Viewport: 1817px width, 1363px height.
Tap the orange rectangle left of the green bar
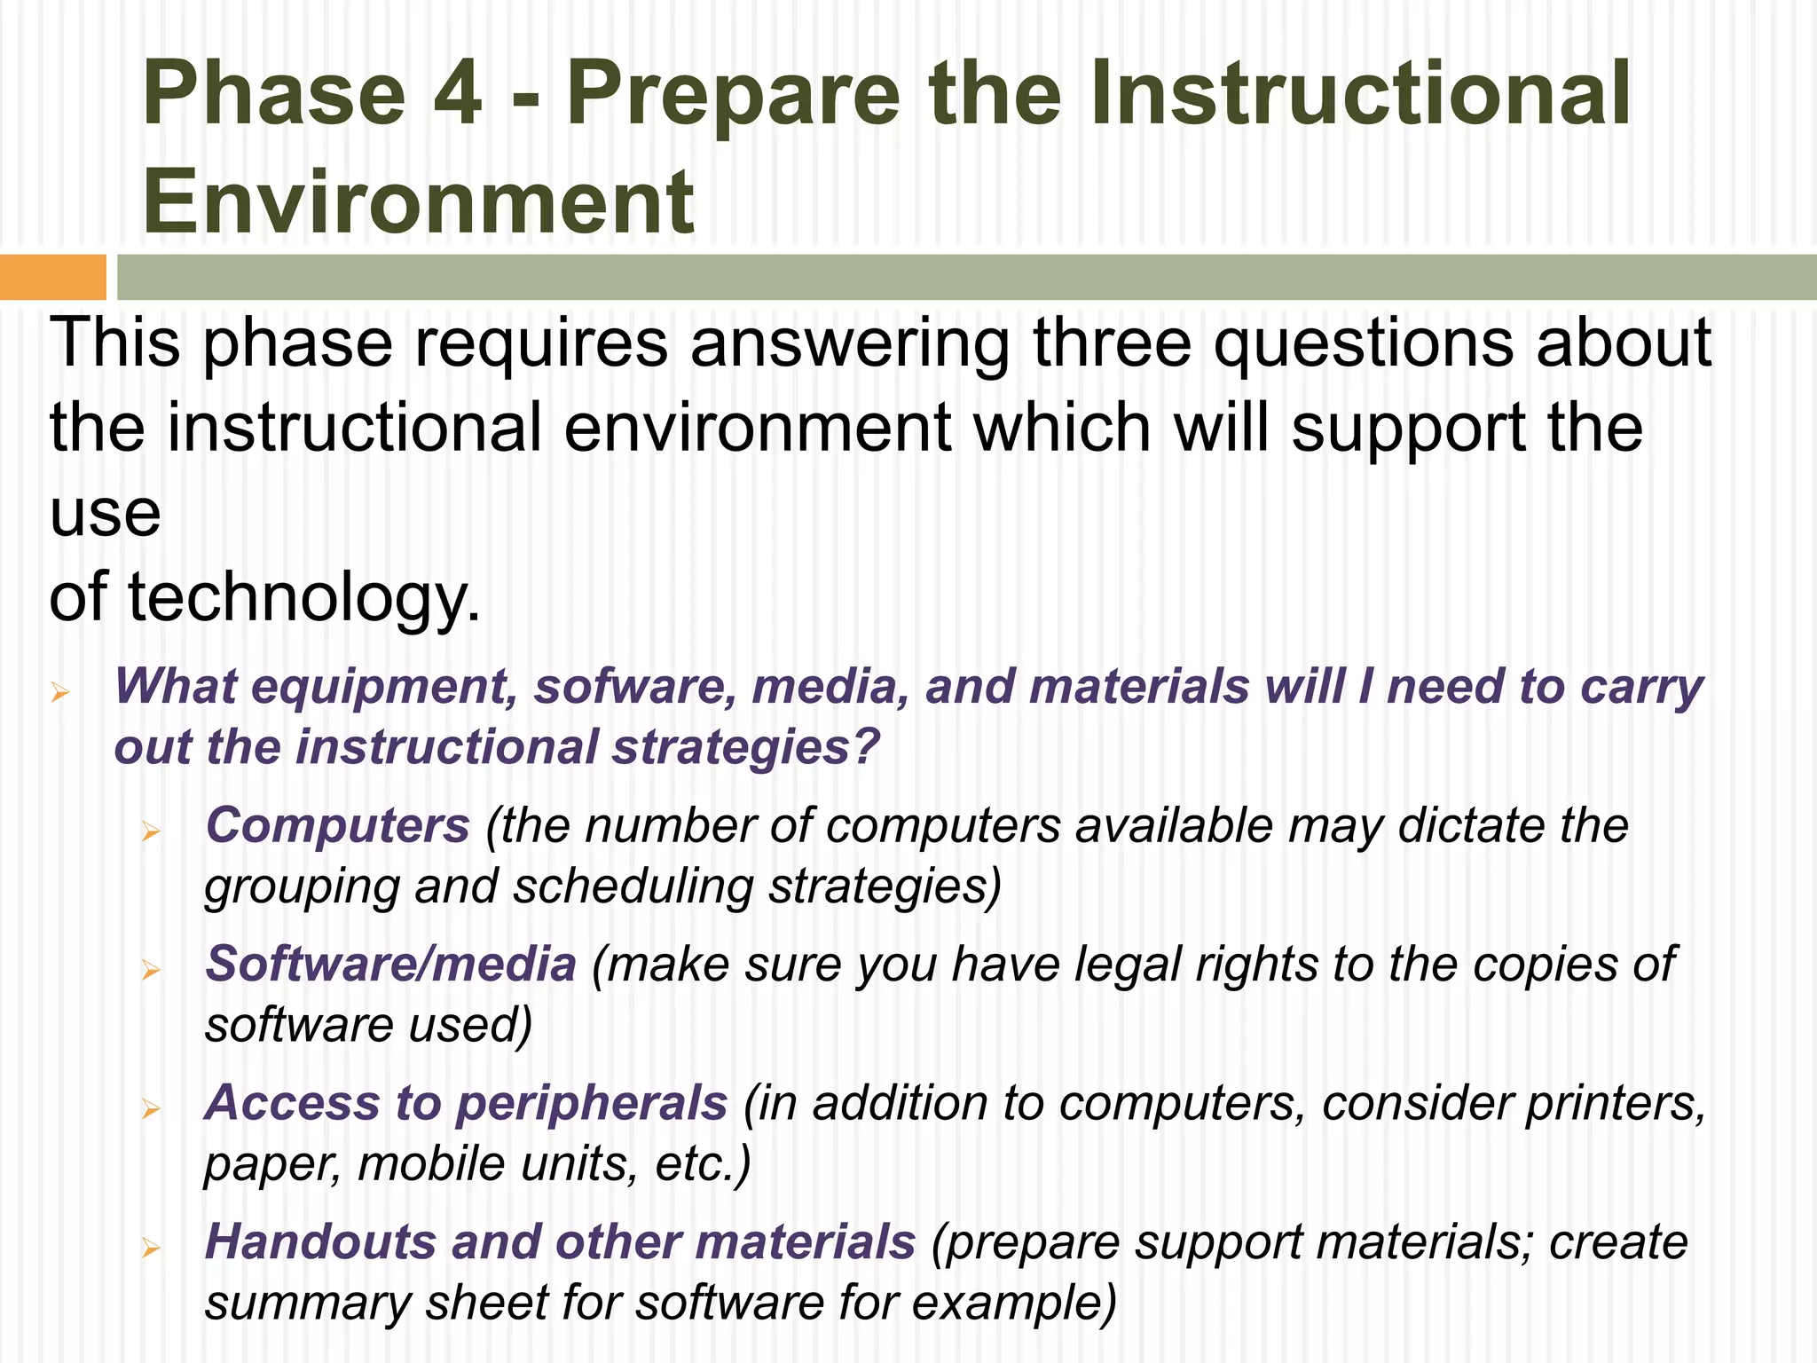pyautogui.click(x=52, y=277)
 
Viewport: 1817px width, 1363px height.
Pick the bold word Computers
pyautogui.click(x=338, y=826)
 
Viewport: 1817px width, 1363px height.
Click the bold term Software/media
pyautogui.click(x=391, y=965)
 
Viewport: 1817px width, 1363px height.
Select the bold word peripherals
pyautogui.click(x=592, y=1105)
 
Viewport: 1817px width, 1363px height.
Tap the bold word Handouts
pyautogui.click(x=320, y=1242)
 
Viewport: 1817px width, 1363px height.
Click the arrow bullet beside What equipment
pyautogui.click(x=60, y=691)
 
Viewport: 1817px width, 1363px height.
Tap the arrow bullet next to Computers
pyautogui.click(x=151, y=831)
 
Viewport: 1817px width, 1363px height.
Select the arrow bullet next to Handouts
pyautogui.click(x=151, y=1248)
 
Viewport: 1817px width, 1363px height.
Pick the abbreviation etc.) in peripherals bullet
pyautogui.click(x=703, y=1165)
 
